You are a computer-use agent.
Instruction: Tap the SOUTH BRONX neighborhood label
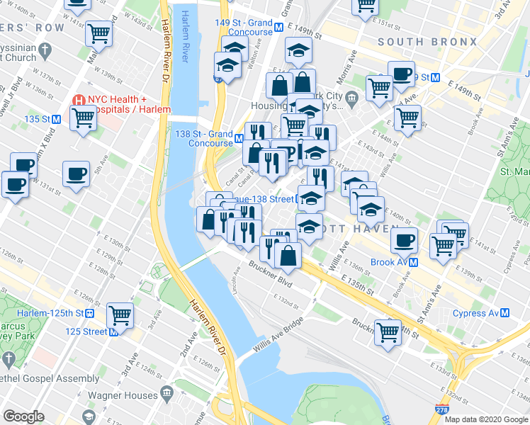coord(427,42)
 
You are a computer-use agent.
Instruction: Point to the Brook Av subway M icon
coord(412,261)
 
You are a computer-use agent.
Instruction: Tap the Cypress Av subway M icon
coord(504,312)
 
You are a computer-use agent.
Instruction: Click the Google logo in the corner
coord(23,416)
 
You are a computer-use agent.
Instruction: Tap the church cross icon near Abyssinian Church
coord(45,50)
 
